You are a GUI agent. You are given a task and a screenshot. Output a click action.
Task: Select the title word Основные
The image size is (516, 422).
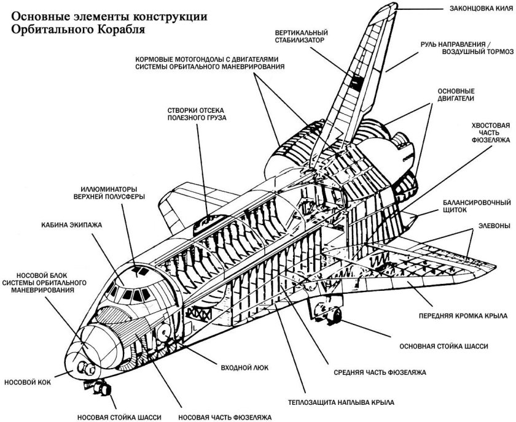tap(39, 15)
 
